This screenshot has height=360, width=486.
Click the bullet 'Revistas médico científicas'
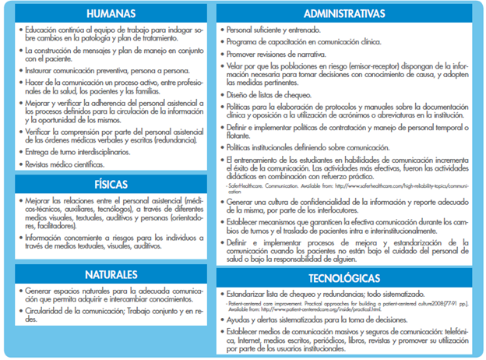(x=66, y=165)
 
